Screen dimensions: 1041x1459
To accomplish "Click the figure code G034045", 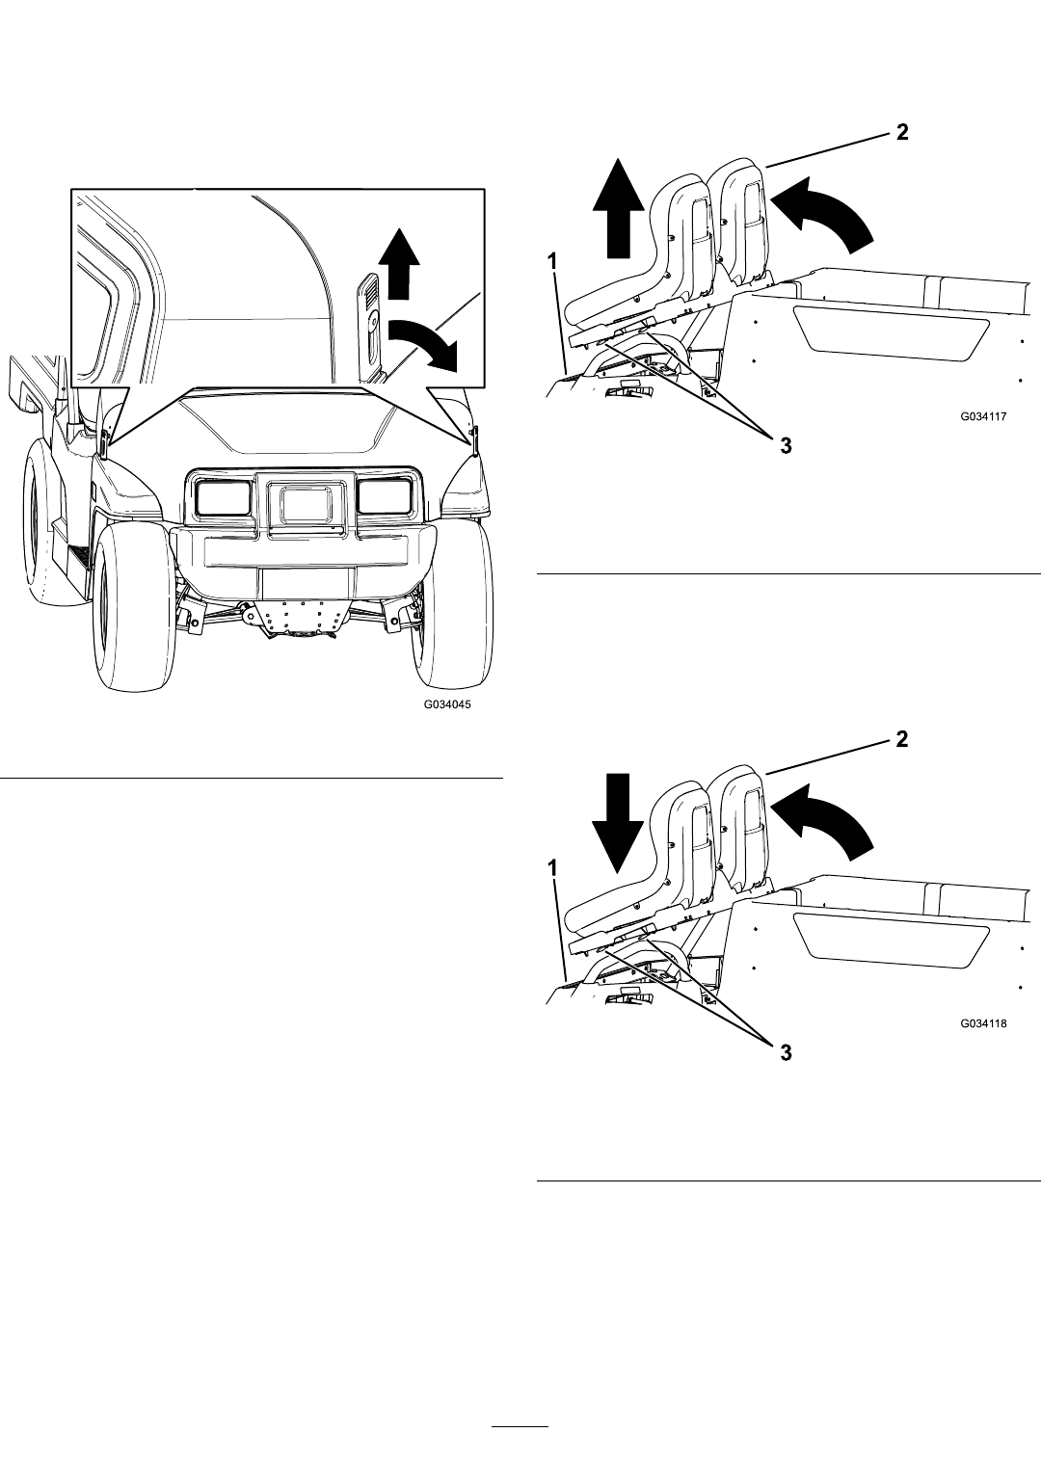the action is [447, 704].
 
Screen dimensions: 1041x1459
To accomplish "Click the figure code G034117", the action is [983, 416].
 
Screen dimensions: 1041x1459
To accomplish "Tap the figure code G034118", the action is [983, 1023].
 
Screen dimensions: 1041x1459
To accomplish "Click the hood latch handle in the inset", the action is [371, 328].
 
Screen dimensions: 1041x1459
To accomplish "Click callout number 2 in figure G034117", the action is [901, 132].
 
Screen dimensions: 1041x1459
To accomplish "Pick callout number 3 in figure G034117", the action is [787, 446].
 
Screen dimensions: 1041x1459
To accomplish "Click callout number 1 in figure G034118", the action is [552, 868].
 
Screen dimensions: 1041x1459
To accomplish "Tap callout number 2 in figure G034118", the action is [901, 739].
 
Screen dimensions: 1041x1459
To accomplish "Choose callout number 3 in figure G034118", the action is [787, 1053].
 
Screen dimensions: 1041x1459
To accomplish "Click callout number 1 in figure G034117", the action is [552, 262].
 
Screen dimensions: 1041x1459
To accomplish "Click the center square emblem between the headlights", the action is [306, 502].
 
